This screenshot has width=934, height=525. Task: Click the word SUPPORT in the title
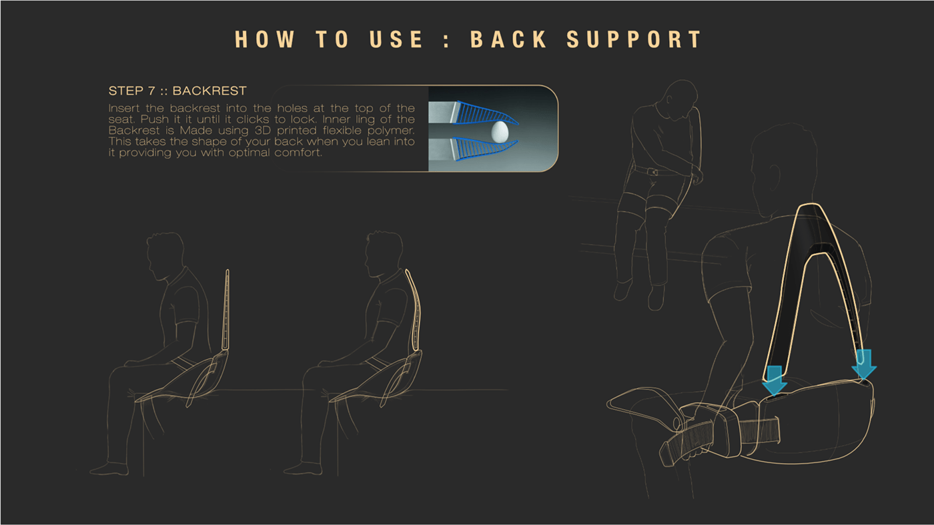634,39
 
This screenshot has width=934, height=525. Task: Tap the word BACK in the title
508,39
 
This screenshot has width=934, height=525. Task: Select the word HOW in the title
265,39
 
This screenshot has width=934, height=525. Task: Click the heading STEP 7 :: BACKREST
177,91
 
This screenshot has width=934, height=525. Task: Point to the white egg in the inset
500,131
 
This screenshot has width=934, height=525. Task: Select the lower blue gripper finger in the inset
484,149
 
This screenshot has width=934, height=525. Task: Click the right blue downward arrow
864,364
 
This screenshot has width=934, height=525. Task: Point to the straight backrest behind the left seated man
226,310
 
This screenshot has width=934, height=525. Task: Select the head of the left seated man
165,254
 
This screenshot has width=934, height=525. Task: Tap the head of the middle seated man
384,254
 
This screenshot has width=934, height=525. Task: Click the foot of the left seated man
109,469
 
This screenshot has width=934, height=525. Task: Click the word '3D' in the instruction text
263,131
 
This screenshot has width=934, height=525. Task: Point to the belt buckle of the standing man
652,171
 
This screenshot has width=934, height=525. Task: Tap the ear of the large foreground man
773,177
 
